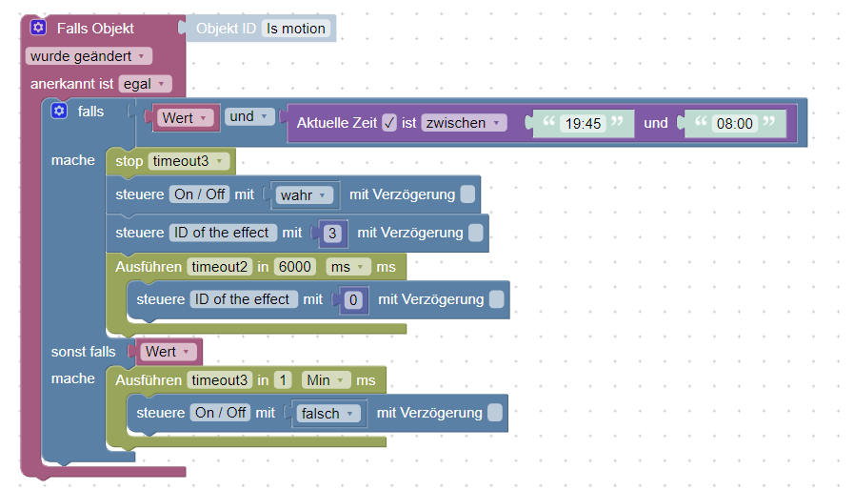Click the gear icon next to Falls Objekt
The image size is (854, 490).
pyautogui.click(x=39, y=28)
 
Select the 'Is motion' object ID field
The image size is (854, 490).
pyautogui.click(x=296, y=29)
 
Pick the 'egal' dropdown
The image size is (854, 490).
pyautogui.click(x=144, y=84)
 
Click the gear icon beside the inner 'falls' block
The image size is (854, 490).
pyautogui.click(x=60, y=112)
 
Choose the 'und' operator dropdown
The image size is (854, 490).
pyautogui.click(x=249, y=116)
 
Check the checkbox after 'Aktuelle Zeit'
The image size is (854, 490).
pyautogui.click(x=389, y=123)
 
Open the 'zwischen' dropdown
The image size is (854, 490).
pyautogui.click(x=464, y=123)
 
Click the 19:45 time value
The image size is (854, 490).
pyautogui.click(x=583, y=123)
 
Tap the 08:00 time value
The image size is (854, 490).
pyautogui.click(x=733, y=123)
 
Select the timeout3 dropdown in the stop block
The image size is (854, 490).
pyautogui.click(x=189, y=160)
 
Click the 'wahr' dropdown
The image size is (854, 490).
pyautogui.click(x=305, y=194)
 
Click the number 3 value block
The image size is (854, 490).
pyautogui.click(x=331, y=233)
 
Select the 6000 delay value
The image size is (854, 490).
pyautogui.click(x=295, y=267)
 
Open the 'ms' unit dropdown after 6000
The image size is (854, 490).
pyautogui.click(x=348, y=267)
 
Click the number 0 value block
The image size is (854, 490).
pyautogui.click(x=352, y=299)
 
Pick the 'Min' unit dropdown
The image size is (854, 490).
pyautogui.click(x=326, y=380)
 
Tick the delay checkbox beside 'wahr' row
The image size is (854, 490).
pyautogui.click(x=467, y=194)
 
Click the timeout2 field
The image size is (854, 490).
pyautogui.click(x=220, y=267)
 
